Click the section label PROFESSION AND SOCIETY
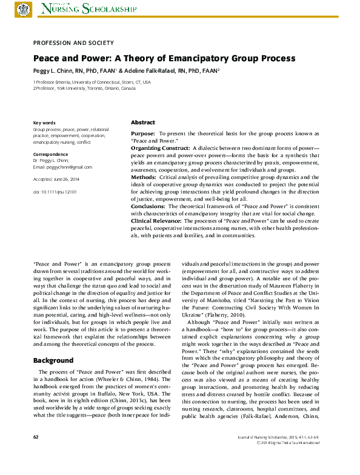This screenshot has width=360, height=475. [x=73, y=42]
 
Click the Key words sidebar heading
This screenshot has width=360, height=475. [x=44, y=123]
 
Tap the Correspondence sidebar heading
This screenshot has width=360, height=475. [x=50, y=155]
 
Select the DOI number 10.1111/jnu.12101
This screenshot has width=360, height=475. [x=60, y=192]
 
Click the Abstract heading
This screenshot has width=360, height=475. [x=143, y=123]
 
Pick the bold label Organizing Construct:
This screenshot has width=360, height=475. [x=160, y=148]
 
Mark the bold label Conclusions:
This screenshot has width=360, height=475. [x=148, y=206]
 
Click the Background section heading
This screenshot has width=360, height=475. [x=53, y=360]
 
